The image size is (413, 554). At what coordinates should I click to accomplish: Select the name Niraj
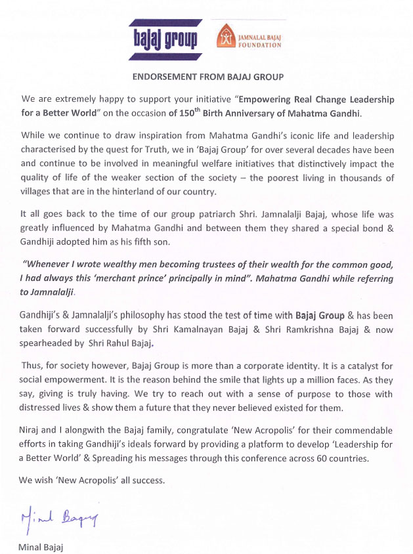(x=32, y=431)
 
